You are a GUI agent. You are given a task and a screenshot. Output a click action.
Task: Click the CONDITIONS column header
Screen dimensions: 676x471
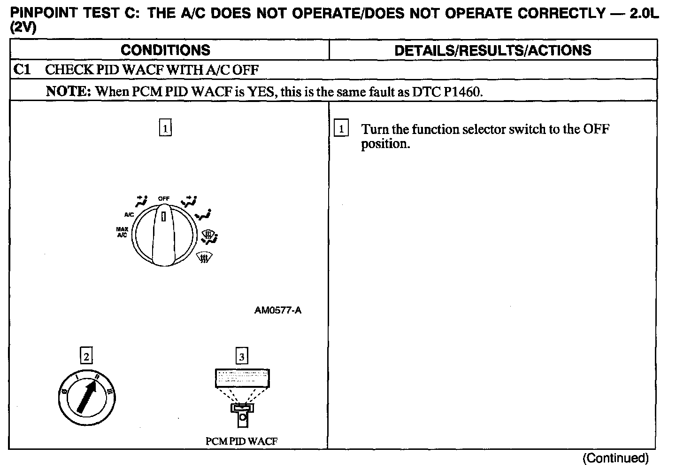(x=165, y=50)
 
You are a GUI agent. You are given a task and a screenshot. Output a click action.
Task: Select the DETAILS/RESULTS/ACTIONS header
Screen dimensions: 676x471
(x=492, y=50)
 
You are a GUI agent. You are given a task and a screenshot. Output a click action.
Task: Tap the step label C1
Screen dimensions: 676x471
(x=22, y=70)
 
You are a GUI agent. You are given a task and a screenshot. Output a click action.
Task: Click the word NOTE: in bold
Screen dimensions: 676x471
(x=69, y=91)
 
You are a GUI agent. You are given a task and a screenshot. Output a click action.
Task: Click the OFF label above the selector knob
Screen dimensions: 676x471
(x=164, y=199)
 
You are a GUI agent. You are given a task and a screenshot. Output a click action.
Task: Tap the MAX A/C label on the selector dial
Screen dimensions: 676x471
(x=122, y=232)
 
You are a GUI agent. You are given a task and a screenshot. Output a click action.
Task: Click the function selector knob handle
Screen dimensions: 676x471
(x=164, y=235)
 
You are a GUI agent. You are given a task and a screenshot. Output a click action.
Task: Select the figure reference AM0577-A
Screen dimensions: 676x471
(x=278, y=310)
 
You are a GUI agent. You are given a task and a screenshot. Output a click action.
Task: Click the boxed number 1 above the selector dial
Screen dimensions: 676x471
(x=165, y=128)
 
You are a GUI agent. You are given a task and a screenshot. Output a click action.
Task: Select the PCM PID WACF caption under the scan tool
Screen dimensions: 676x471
(x=241, y=441)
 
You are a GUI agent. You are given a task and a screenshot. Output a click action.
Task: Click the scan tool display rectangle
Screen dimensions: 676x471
(x=242, y=377)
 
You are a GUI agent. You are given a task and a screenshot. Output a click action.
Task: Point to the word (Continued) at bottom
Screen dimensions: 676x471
(x=615, y=458)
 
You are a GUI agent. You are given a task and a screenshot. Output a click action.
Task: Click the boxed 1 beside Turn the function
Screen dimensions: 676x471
(x=341, y=129)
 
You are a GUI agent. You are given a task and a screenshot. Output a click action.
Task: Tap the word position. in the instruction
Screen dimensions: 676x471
(x=385, y=144)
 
